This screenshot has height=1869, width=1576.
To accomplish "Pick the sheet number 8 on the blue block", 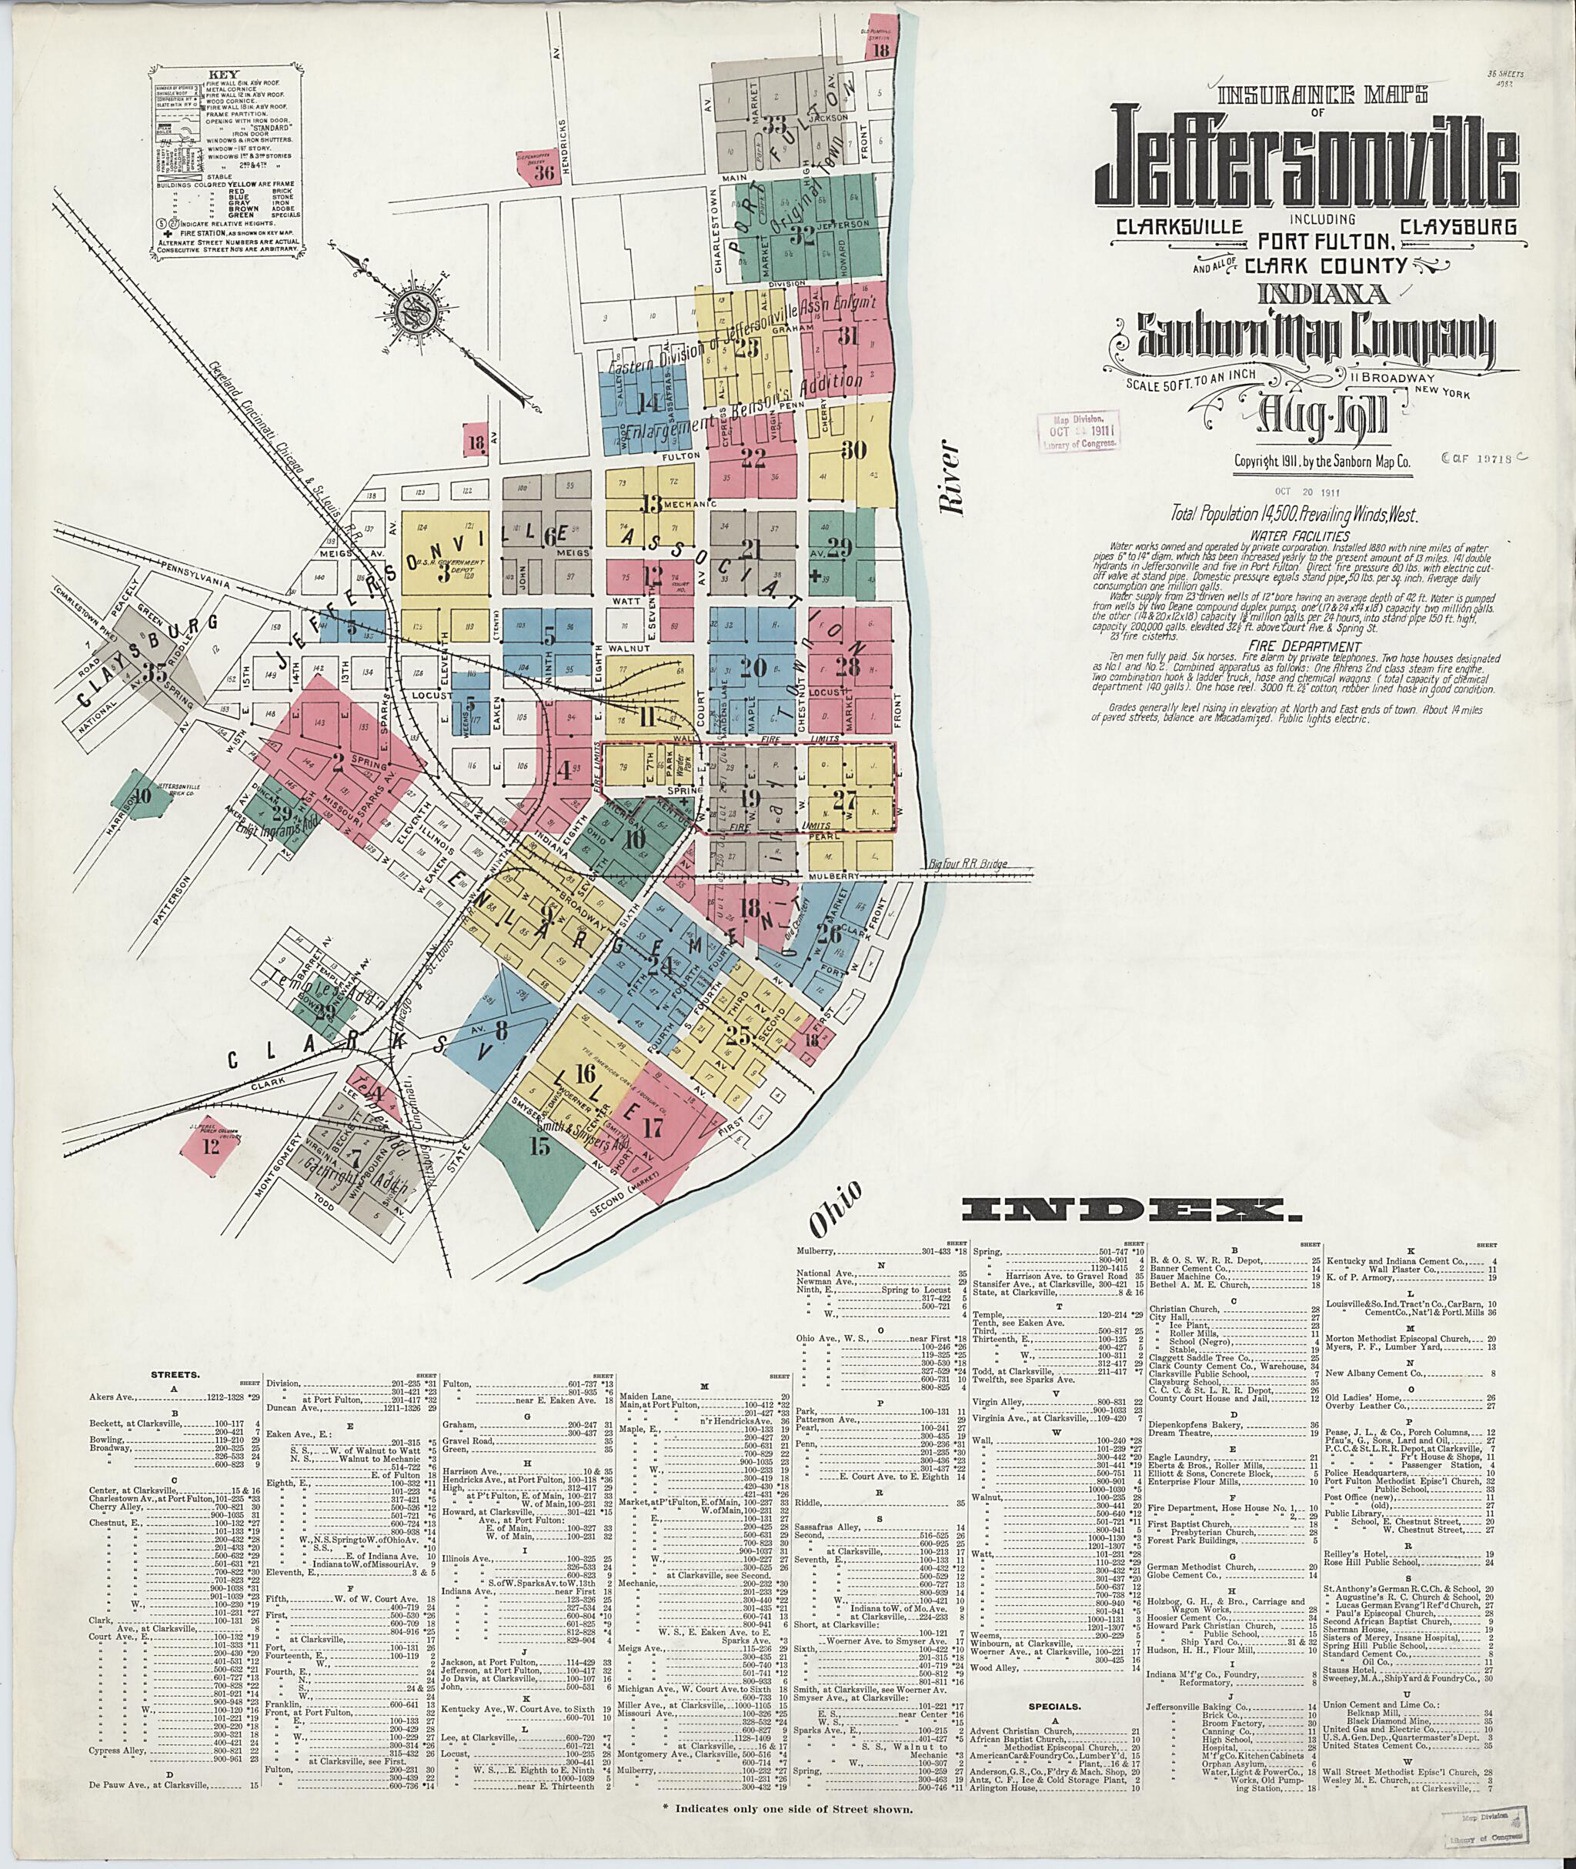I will click(501, 1030).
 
